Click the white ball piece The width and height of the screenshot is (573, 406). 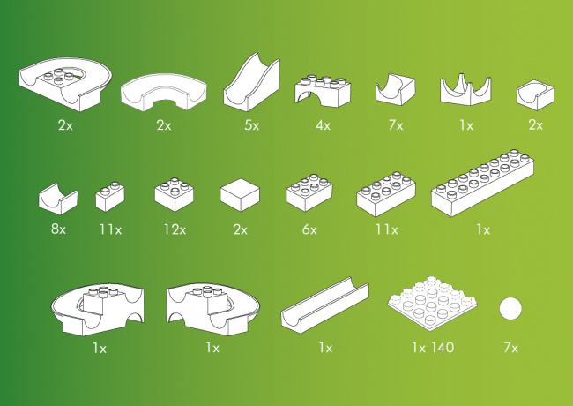(510, 309)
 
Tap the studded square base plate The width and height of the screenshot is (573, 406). (432, 303)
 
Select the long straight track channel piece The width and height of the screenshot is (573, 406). (325, 304)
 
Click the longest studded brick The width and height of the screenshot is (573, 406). (482, 183)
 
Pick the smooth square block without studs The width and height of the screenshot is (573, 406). (240, 194)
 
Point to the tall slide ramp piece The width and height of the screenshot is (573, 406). (252, 82)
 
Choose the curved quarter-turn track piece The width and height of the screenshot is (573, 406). (164, 92)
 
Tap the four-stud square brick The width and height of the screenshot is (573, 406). (174, 194)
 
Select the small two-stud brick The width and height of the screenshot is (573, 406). (110, 197)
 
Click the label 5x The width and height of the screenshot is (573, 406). (252, 125)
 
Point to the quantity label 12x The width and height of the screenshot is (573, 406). (175, 229)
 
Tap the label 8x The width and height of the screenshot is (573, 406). (58, 229)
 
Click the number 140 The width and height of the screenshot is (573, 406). (442, 347)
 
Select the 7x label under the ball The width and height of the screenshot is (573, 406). (511, 347)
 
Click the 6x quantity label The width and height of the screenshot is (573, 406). (309, 229)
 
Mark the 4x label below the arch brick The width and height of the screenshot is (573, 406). (323, 125)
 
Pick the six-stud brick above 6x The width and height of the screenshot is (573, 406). (309, 192)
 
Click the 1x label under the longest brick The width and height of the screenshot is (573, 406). (483, 229)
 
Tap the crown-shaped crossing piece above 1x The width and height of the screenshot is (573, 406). (465, 89)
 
